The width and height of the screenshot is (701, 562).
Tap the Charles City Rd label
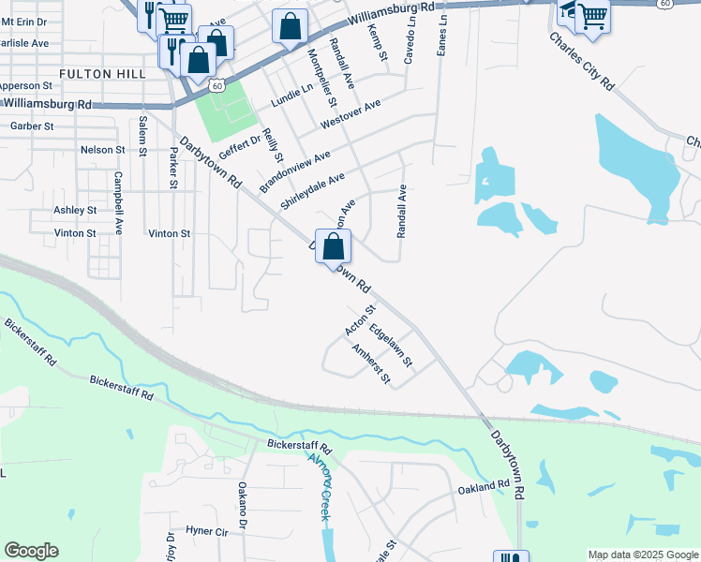tap(582, 62)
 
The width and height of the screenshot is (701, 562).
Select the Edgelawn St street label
tap(391, 344)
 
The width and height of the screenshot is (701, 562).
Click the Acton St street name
tap(360, 320)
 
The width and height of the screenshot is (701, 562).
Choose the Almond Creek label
tap(321, 479)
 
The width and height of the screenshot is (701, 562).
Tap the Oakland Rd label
tap(484, 489)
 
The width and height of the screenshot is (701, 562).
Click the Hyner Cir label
tap(207, 531)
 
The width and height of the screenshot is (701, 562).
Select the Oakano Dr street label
tap(242, 502)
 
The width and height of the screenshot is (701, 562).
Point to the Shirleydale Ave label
tap(313, 191)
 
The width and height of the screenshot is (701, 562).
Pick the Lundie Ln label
tap(292, 95)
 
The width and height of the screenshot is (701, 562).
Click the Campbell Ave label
tap(119, 202)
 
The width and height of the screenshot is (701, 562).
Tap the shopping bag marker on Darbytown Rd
tap(333, 247)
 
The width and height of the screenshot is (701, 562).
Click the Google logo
tap(31, 551)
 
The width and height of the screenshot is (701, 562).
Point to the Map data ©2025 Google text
tap(642, 555)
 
